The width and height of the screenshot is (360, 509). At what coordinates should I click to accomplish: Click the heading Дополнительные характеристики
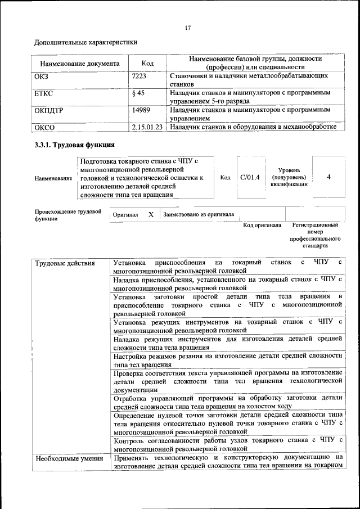[86, 42]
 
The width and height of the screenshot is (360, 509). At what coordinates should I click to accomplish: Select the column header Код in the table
[147, 64]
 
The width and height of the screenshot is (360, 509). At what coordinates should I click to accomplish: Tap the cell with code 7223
[139, 75]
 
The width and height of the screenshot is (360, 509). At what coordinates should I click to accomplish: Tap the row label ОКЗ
[42, 75]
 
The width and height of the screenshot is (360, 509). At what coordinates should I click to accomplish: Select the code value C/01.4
[249, 177]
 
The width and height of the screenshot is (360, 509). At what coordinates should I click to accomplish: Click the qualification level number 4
[328, 177]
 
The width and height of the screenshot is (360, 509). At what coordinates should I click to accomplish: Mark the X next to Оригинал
[151, 214]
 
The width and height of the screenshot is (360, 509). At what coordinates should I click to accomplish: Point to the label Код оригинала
[262, 225]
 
